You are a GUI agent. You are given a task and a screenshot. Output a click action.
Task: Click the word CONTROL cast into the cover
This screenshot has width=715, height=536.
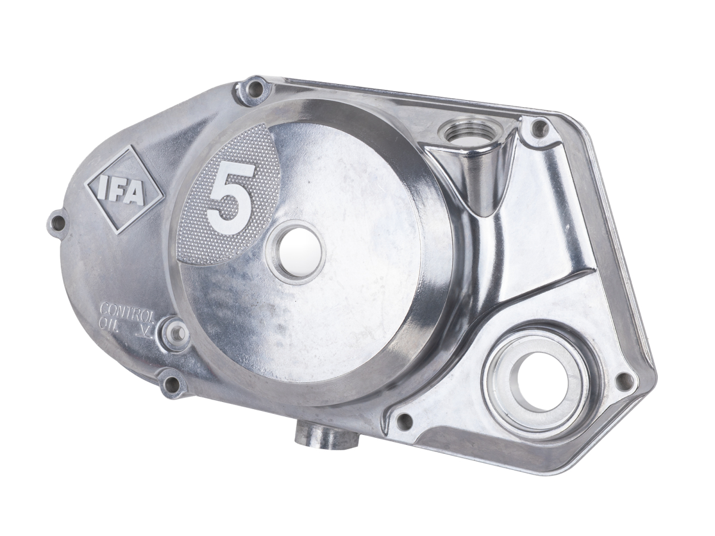[128, 308]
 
